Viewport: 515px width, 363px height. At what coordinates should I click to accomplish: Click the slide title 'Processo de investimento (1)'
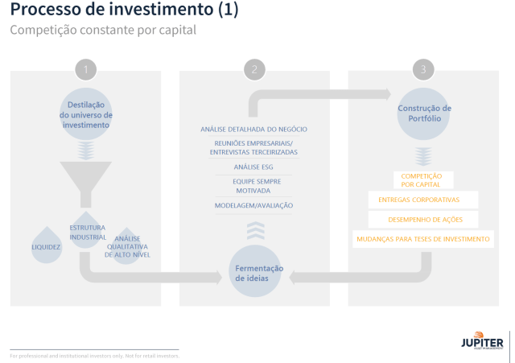tap(124, 11)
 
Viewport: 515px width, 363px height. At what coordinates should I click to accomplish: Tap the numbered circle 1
tap(85, 70)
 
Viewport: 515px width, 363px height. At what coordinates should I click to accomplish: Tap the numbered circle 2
tap(254, 70)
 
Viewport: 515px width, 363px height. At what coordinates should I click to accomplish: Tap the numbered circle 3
tap(423, 70)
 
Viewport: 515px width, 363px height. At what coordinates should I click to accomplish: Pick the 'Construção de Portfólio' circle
tap(424, 113)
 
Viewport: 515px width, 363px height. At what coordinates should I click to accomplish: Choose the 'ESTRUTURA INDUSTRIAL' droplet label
tap(87, 233)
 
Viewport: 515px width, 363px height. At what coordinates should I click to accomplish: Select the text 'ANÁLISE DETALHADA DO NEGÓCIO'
tap(253, 130)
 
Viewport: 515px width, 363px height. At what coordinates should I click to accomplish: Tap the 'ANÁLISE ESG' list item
tap(253, 167)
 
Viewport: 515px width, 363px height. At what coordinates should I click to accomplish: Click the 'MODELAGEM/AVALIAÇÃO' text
tap(253, 205)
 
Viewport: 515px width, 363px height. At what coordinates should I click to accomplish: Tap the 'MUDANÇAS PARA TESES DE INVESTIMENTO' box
tap(423, 239)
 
